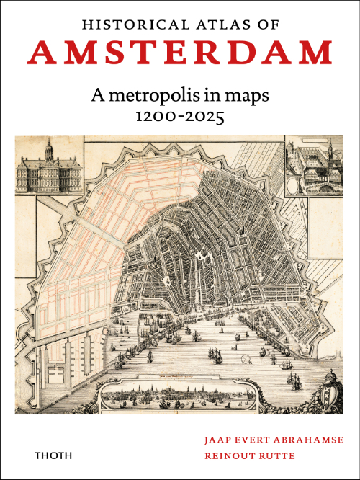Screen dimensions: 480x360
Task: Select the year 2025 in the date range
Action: (207, 115)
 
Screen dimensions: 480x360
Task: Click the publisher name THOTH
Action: (52, 455)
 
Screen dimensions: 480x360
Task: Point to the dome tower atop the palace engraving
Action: (49, 150)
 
